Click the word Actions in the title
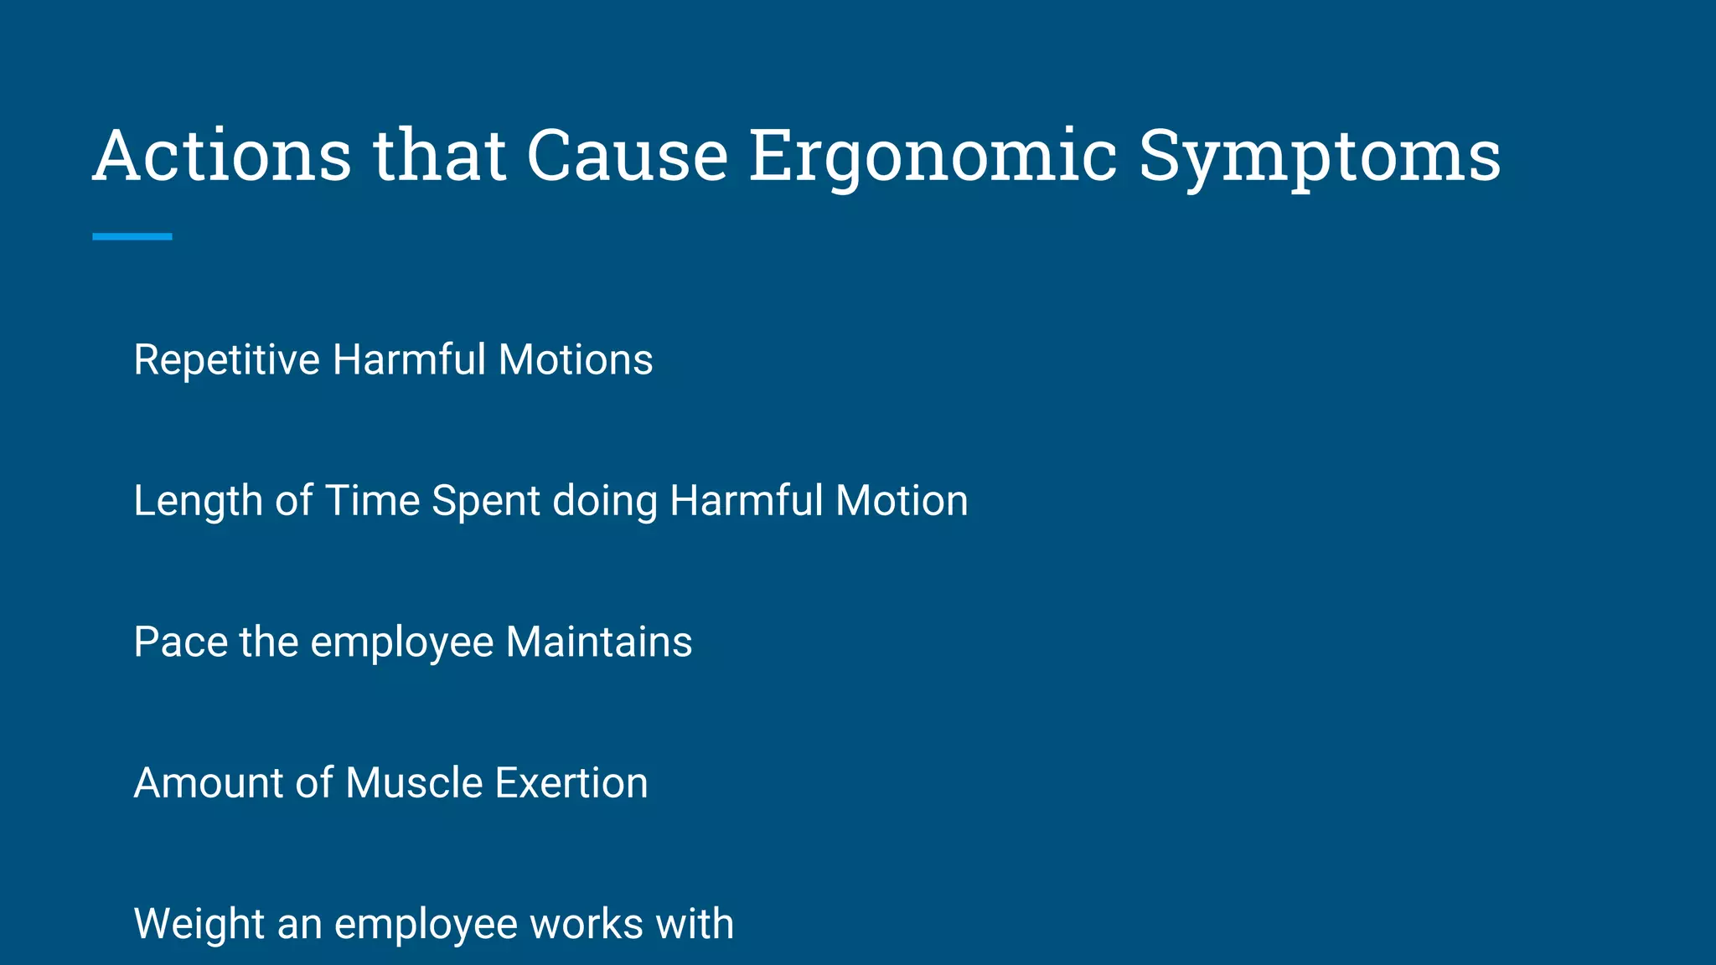click(x=222, y=156)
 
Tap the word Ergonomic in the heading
click(x=932, y=156)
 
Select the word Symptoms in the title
click(x=1319, y=156)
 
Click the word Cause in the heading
click(x=627, y=156)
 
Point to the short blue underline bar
click(x=132, y=237)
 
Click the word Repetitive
click(x=226, y=360)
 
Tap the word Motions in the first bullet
click(x=575, y=360)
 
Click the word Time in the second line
click(x=372, y=501)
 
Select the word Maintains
click(x=598, y=642)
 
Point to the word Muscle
click(x=414, y=783)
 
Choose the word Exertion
click(x=571, y=783)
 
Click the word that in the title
click(x=439, y=156)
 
